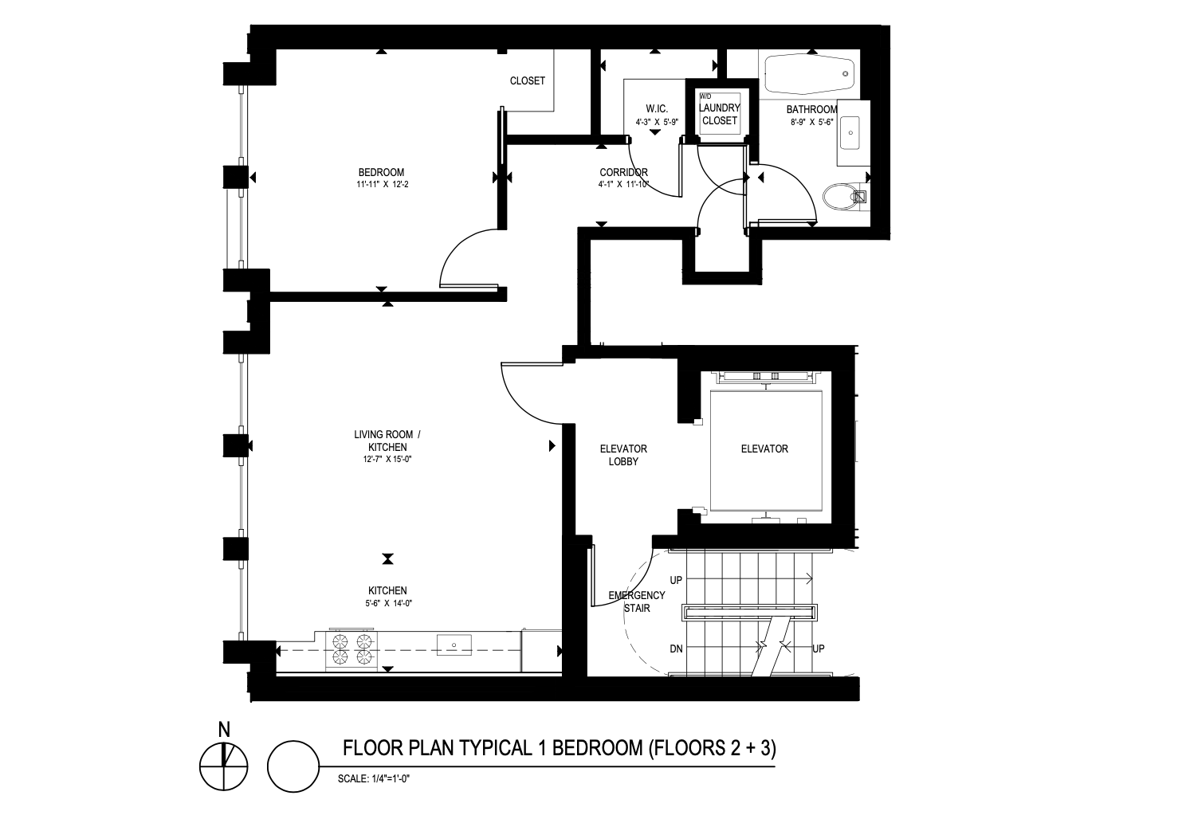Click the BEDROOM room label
pyautogui.click(x=381, y=172)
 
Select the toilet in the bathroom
pyautogui.click(x=844, y=198)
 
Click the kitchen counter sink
pyautogui.click(x=454, y=645)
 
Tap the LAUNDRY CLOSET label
pyautogui.click(x=720, y=114)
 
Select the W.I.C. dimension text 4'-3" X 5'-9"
pyautogui.click(x=657, y=122)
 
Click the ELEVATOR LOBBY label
pyautogui.click(x=623, y=455)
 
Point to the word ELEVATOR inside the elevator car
pyautogui.click(x=764, y=449)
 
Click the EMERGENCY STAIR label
pyautogui.click(x=636, y=602)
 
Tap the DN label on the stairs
pyautogui.click(x=676, y=649)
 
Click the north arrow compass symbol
pyautogui.click(x=223, y=766)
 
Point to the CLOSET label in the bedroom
pyautogui.click(x=528, y=81)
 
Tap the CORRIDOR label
pyautogui.click(x=623, y=172)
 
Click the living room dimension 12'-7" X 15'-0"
pyautogui.click(x=387, y=459)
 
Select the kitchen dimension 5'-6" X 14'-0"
pyautogui.click(x=387, y=603)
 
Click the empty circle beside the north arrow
pyautogui.click(x=293, y=741)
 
